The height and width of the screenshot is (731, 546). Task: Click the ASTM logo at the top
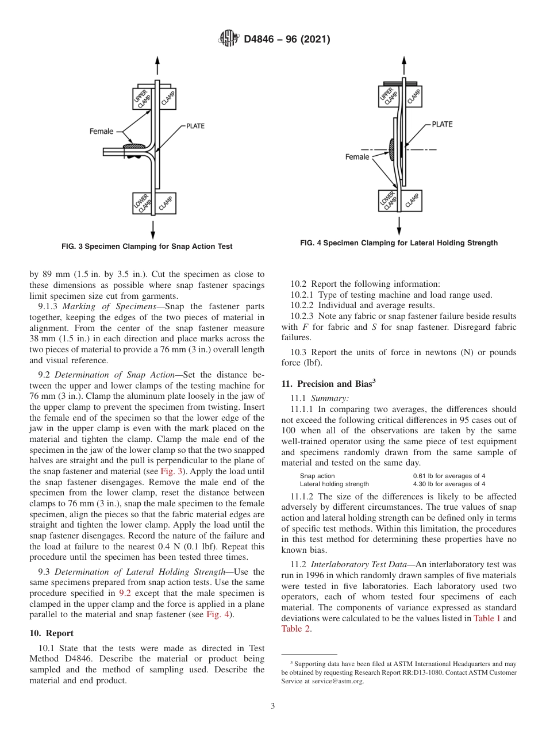coord(229,39)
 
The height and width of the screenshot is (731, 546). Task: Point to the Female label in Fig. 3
coord(101,132)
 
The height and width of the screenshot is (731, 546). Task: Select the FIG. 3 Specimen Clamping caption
coord(147,247)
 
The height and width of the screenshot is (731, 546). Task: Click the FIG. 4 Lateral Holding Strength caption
coord(398,243)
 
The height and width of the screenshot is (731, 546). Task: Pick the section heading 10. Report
coord(51,633)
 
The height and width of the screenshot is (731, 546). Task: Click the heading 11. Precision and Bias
coord(329,384)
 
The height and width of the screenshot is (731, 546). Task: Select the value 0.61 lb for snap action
coord(448,476)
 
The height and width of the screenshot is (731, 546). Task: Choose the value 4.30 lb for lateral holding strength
coord(448,484)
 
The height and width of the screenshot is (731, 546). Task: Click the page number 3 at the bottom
coord(272,706)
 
